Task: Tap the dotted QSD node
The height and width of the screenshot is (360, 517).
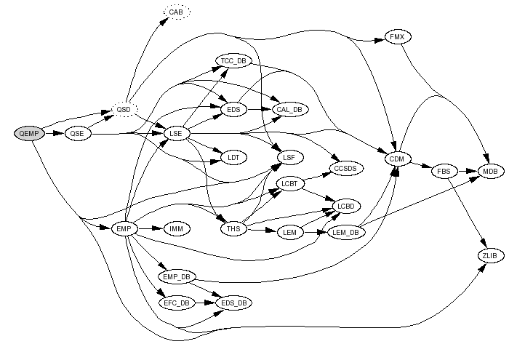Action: [x=124, y=110]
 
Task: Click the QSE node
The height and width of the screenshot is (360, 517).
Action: [x=78, y=134]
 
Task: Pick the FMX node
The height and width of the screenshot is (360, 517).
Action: [x=396, y=37]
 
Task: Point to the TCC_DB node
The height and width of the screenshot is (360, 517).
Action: [x=233, y=61]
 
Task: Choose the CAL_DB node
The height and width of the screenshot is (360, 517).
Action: [x=289, y=109]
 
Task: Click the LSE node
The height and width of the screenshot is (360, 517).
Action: [x=176, y=134]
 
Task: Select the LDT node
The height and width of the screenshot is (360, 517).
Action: [x=233, y=157]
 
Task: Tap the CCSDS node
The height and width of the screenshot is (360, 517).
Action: [x=347, y=168]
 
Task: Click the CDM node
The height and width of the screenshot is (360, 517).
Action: [x=396, y=159]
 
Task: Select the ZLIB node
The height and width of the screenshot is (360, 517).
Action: [x=490, y=255]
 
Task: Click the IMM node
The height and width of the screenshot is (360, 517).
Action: [x=176, y=229]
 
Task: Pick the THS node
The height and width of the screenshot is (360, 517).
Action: [x=233, y=229]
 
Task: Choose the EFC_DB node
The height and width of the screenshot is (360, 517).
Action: [x=176, y=301]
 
